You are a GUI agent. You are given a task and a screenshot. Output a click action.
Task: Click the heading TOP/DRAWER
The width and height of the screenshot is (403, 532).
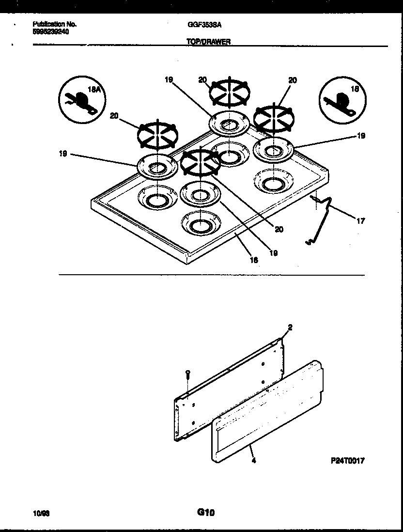(x=208, y=42)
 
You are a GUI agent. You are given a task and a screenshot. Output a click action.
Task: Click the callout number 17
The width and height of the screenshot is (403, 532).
(x=360, y=221)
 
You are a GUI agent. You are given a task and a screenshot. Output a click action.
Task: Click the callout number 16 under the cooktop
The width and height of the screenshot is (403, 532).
(x=253, y=260)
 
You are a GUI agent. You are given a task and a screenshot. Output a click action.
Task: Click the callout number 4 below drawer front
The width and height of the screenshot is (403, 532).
(x=254, y=461)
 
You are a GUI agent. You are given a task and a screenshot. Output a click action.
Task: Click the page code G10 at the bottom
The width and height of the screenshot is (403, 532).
(x=205, y=512)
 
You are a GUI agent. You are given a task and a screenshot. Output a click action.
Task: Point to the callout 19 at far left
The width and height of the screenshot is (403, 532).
(x=62, y=154)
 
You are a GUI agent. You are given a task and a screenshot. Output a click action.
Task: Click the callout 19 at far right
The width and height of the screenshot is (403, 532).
(x=360, y=136)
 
